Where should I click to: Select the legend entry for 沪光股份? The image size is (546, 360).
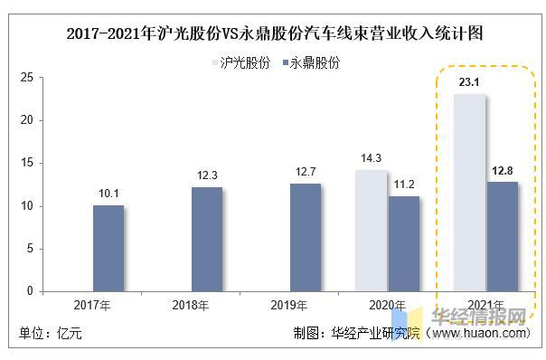[x=243, y=63]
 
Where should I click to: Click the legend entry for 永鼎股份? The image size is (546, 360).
[x=312, y=63]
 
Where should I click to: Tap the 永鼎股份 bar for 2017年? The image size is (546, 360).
[x=108, y=249]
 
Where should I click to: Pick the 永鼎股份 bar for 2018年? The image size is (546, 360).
[x=207, y=240]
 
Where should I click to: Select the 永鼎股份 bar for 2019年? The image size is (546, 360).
[x=306, y=238]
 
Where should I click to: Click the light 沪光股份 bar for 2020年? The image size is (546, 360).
[x=372, y=231]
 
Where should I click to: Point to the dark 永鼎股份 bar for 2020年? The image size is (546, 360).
[x=404, y=244]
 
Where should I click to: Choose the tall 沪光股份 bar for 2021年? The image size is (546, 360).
[x=471, y=193]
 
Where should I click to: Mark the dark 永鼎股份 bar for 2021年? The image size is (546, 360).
[x=503, y=237]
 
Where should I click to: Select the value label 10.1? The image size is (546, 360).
[x=108, y=193]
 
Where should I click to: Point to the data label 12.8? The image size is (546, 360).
[x=504, y=170]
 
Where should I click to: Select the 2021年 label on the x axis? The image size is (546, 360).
[x=487, y=306]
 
